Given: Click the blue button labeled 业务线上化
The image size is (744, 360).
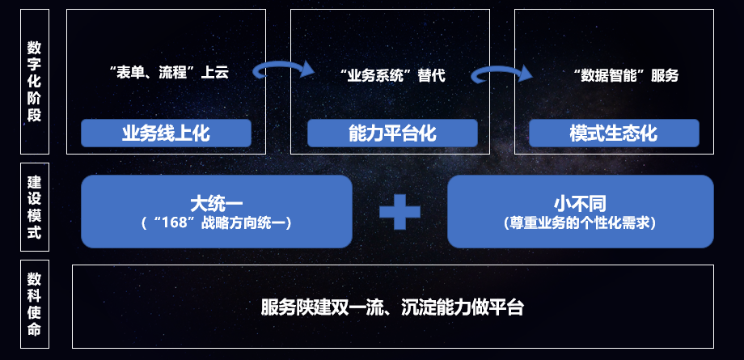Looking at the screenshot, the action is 166,133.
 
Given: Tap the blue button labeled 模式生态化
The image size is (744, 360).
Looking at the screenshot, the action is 614,133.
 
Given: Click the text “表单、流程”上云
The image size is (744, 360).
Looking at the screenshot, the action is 168,74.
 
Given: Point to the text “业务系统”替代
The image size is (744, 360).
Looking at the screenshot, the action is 393,76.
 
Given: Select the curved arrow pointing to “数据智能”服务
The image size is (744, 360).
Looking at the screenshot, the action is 503,74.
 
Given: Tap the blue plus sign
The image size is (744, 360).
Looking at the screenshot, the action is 400,212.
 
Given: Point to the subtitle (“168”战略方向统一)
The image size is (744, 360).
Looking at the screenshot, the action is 216,221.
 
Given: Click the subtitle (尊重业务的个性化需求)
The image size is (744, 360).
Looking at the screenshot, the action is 579,221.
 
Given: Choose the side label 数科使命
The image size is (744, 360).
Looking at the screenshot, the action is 34,304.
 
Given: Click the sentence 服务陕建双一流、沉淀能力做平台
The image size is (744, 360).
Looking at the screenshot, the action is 392,307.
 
